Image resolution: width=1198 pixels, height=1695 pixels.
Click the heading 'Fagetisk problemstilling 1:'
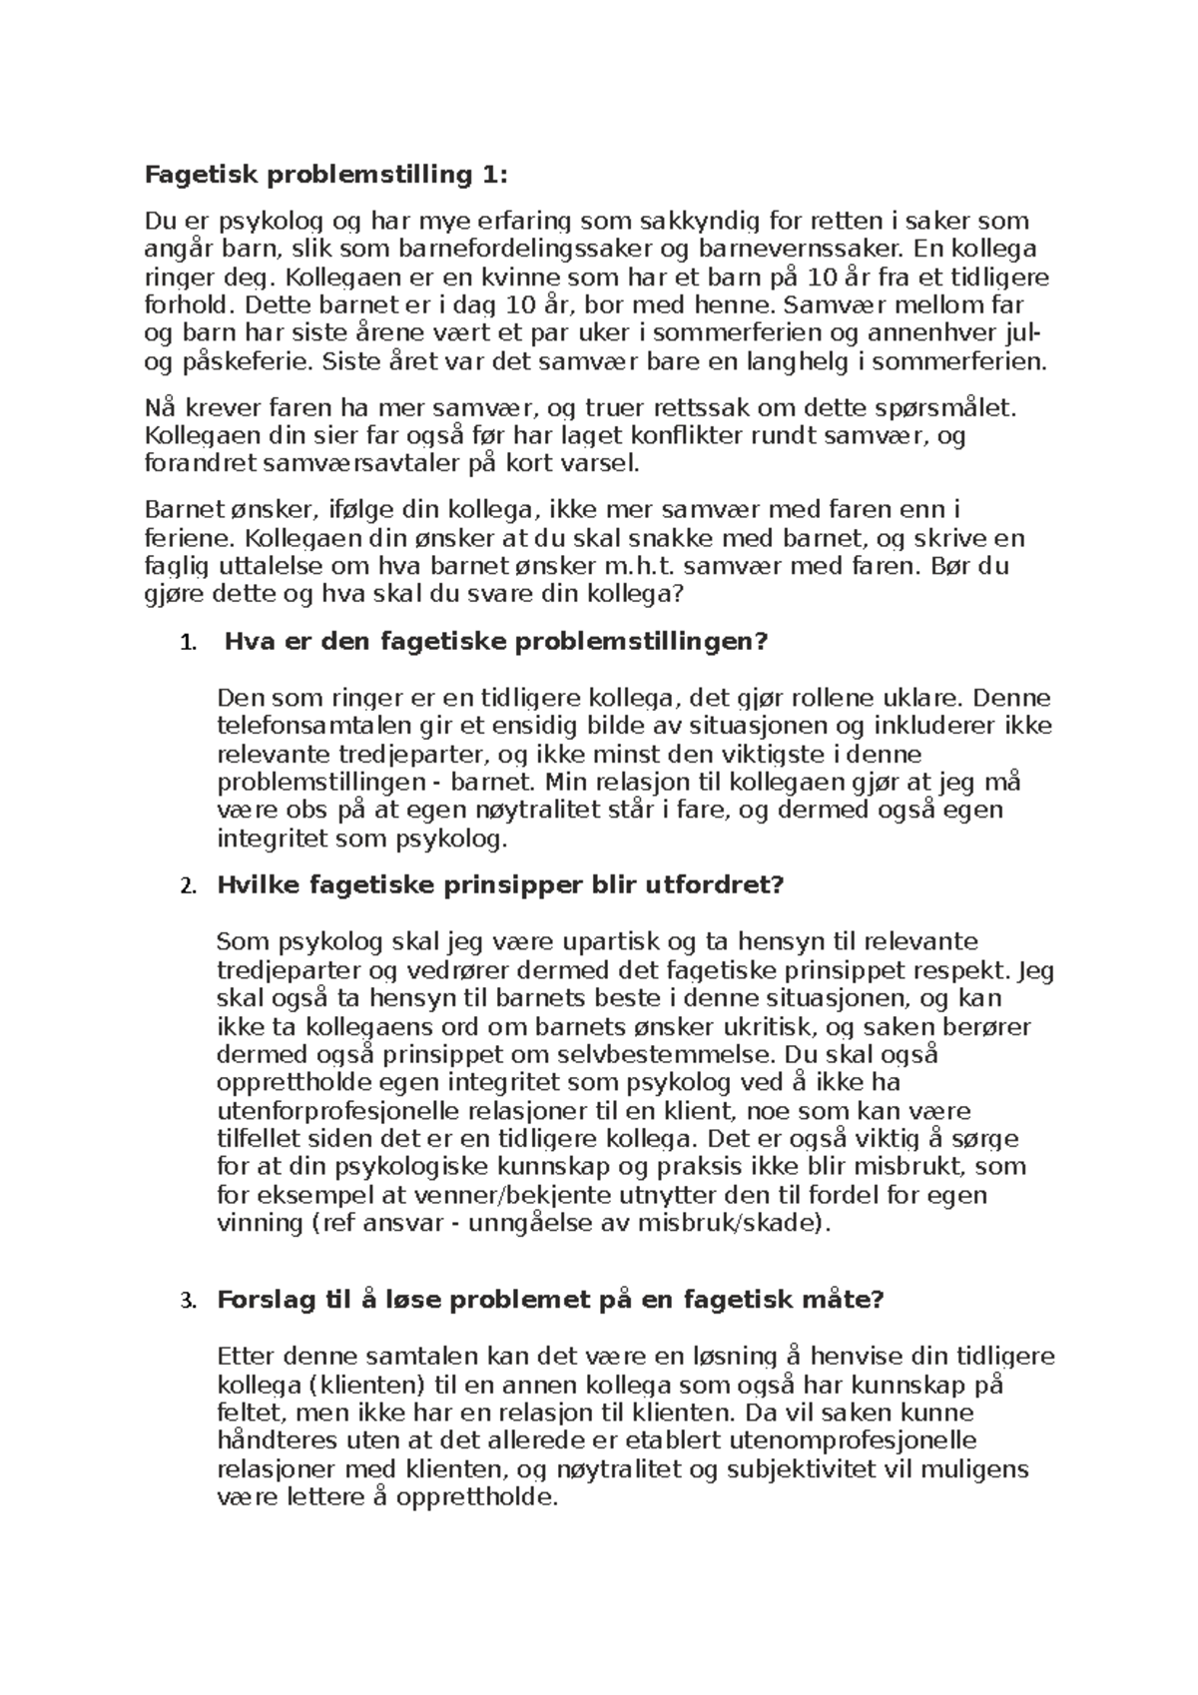pos(326,176)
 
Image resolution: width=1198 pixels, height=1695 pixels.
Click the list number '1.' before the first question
pos(187,642)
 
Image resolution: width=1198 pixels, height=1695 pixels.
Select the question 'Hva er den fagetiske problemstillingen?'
pos(496,642)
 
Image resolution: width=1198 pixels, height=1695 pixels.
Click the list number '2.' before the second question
pos(187,886)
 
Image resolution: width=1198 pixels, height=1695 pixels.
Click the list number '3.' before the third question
pos(187,1302)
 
